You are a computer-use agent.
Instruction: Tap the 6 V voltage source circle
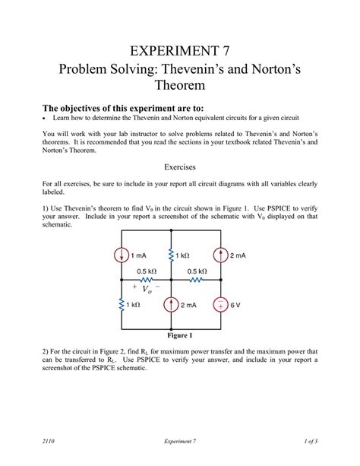pos(219,305)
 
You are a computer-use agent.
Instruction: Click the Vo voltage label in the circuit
pos(147,290)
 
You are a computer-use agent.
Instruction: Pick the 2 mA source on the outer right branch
pos(219,255)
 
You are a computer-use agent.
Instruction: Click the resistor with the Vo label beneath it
pos(147,279)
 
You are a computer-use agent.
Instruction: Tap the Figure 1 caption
pos(180,335)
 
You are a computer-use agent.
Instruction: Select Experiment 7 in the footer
pos(180,440)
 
